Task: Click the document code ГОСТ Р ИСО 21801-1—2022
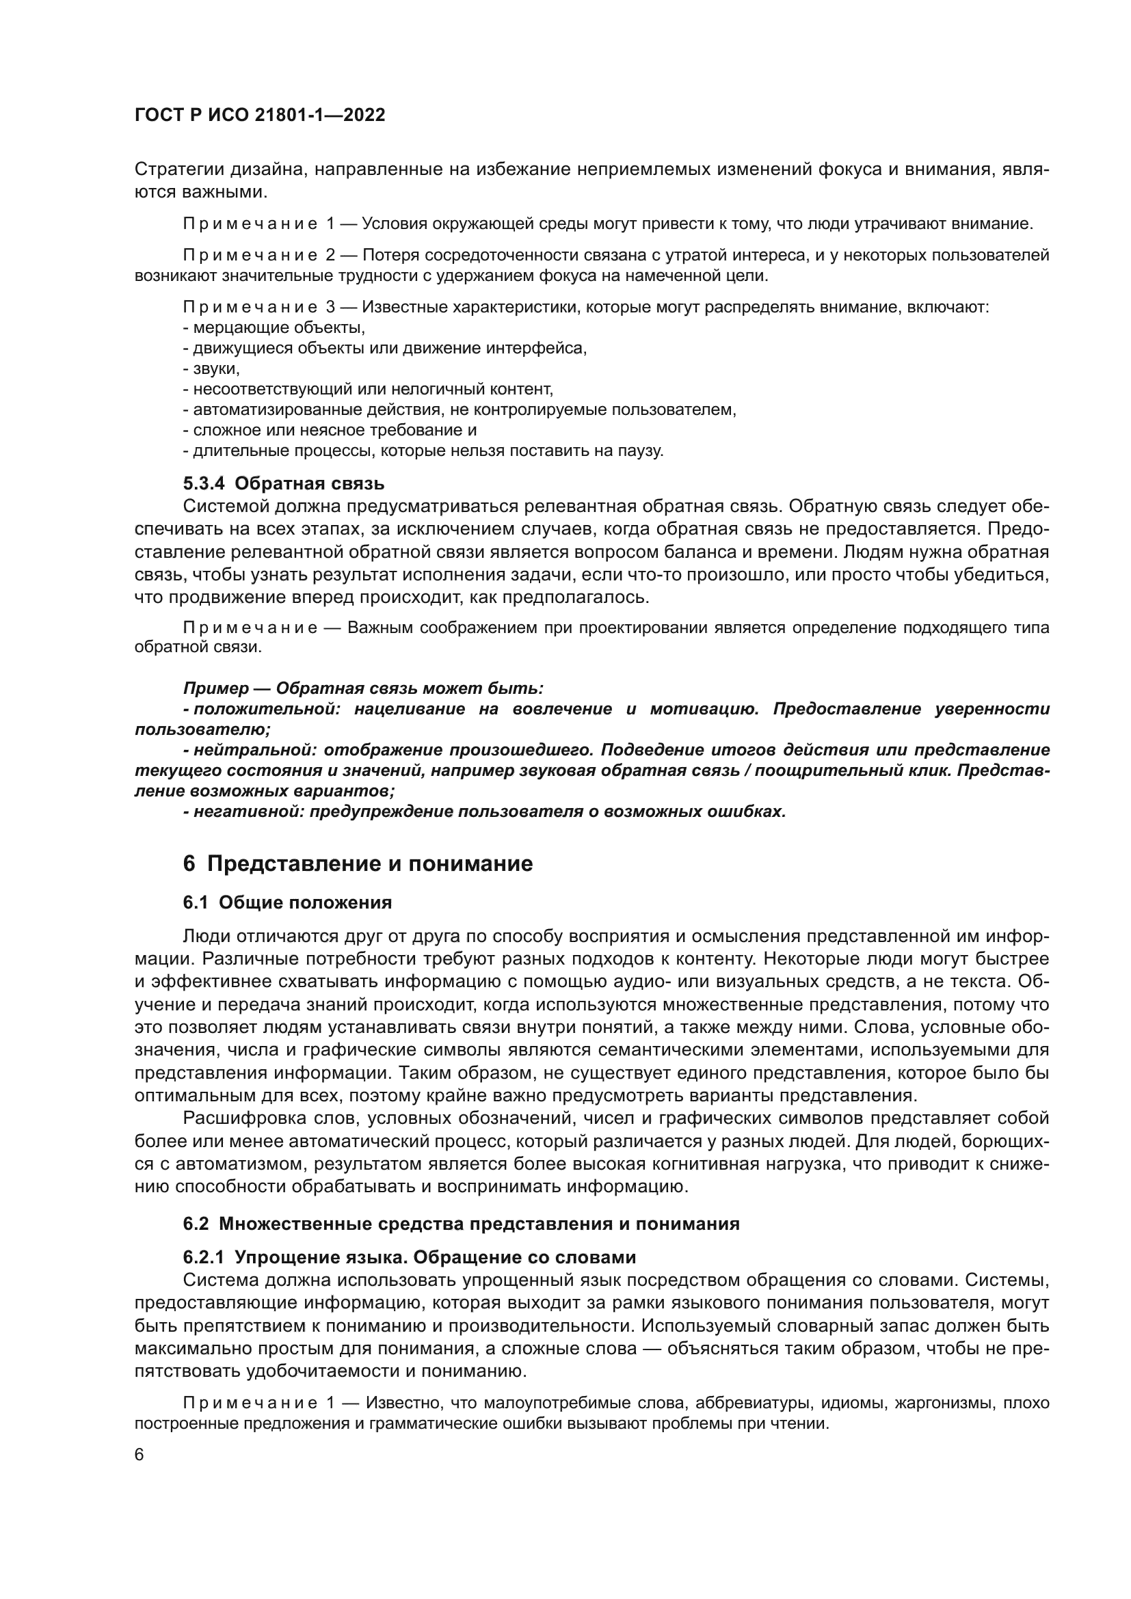tap(260, 116)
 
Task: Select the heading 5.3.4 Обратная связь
tap(284, 483)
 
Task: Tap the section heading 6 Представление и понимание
tap(358, 863)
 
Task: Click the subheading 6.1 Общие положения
tap(287, 902)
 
